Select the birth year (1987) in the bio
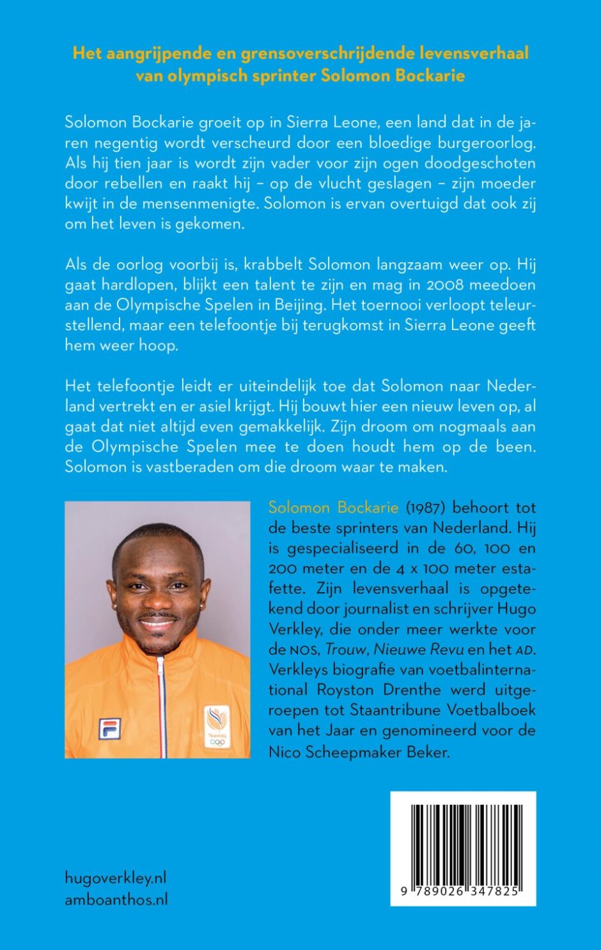[422, 508]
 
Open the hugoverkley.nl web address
[116, 878]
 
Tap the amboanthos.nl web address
[116, 899]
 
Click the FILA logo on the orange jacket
[109, 728]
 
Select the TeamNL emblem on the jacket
[217, 726]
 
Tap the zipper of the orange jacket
[160, 703]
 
